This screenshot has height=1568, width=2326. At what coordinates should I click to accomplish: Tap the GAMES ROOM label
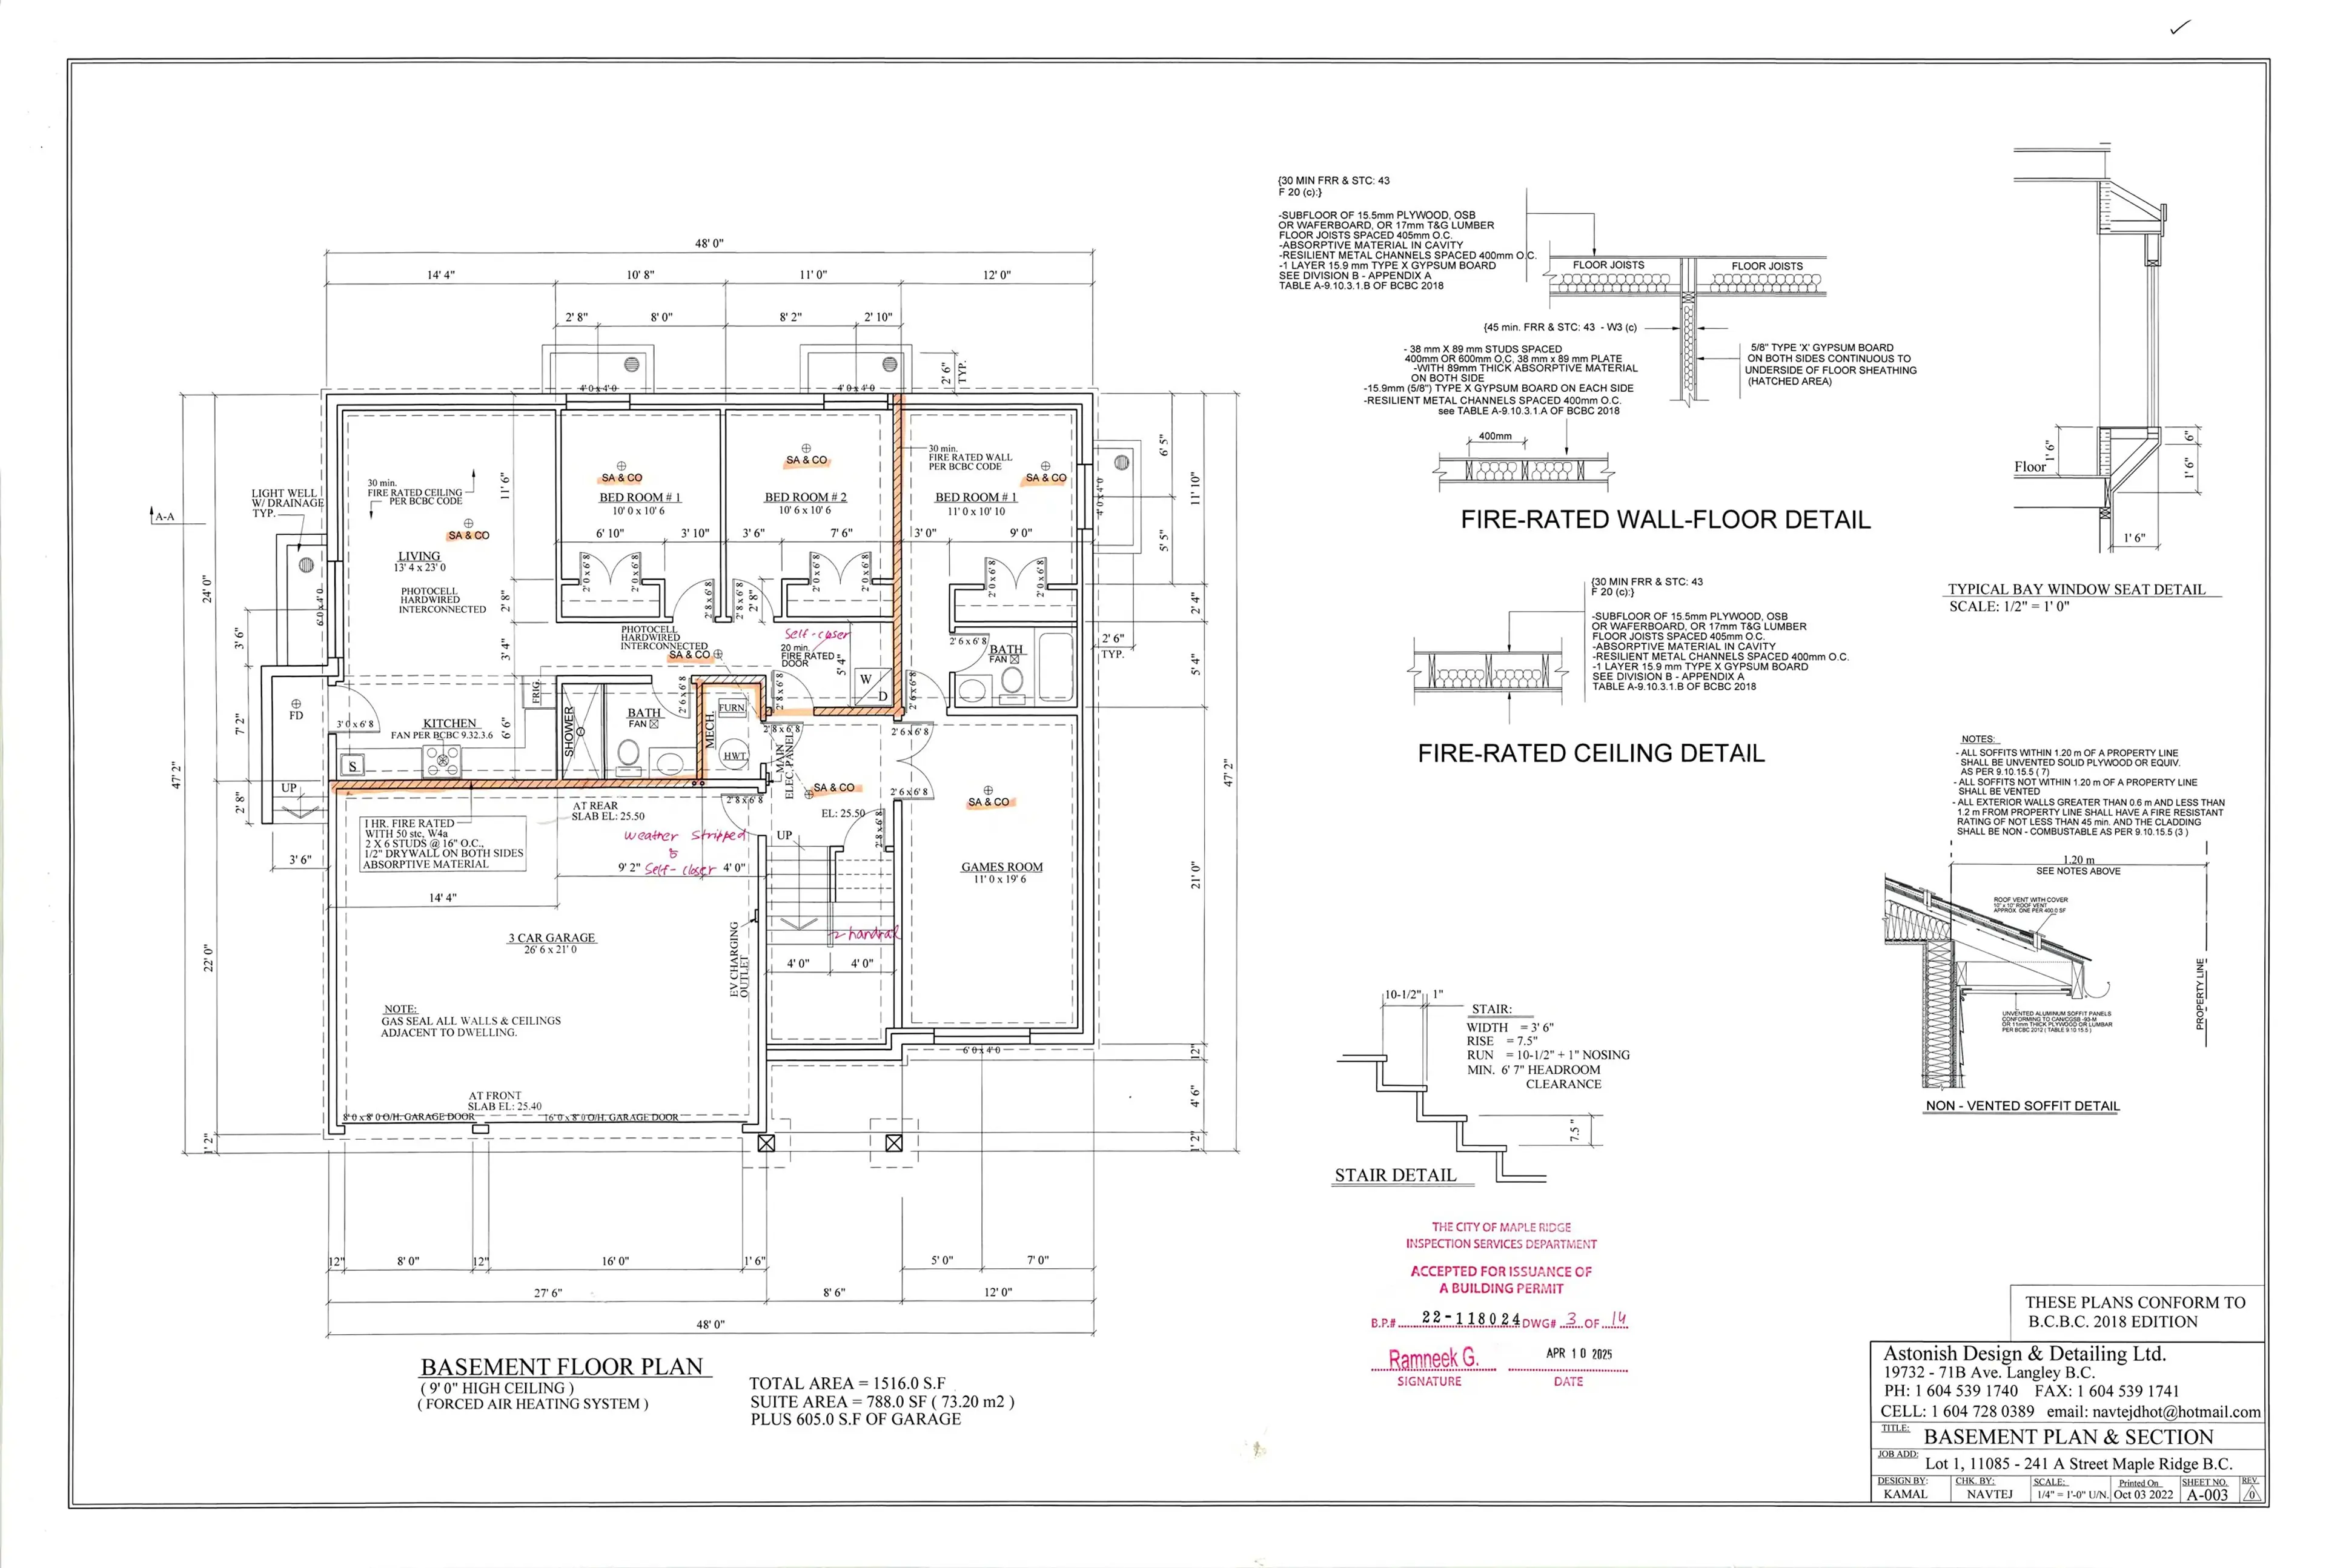(x=1001, y=867)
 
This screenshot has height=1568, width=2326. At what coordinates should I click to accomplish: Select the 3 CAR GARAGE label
(x=551, y=938)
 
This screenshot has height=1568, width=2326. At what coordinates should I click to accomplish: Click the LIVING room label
(x=419, y=556)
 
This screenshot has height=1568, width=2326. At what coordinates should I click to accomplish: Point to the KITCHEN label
(x=449, y=723)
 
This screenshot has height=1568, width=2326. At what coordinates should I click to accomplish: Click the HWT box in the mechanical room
(x=734, y=756)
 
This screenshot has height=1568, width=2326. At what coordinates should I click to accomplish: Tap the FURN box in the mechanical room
(x=731, y=707)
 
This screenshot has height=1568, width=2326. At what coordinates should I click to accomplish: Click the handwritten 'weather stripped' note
(x=685, y=835)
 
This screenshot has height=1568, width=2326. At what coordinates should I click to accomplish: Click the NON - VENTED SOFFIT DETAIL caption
(x=2022, y=1106)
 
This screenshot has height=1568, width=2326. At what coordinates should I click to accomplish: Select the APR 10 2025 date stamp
(x=1579, y=1353)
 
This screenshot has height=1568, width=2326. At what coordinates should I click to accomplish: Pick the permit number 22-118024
(x=1470, y=1318)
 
